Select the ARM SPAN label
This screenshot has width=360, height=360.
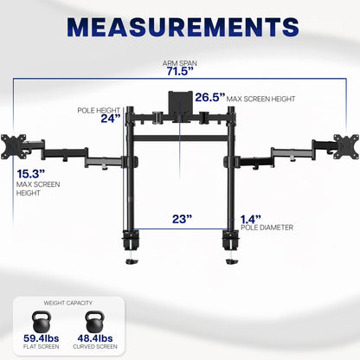pyautogui.click(x=180, y=62)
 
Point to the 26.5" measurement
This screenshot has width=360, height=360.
pyautogui.click(x=209, y=97)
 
